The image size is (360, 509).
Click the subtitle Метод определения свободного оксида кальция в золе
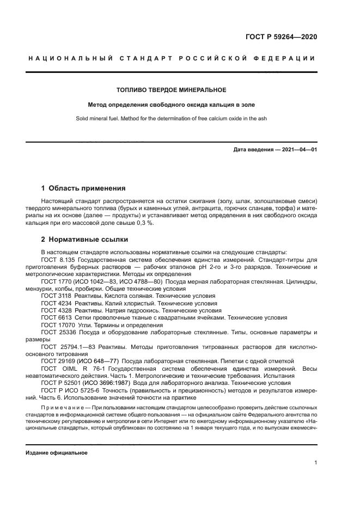[172, 105]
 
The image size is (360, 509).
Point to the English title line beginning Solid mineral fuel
[172, 119]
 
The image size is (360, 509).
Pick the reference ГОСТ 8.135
[58, 260]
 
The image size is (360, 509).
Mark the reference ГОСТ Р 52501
[60, 383]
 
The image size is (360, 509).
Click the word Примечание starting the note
[62, 408]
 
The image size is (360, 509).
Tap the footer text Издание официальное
[57, 452]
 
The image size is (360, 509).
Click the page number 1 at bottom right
[315, 463]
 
